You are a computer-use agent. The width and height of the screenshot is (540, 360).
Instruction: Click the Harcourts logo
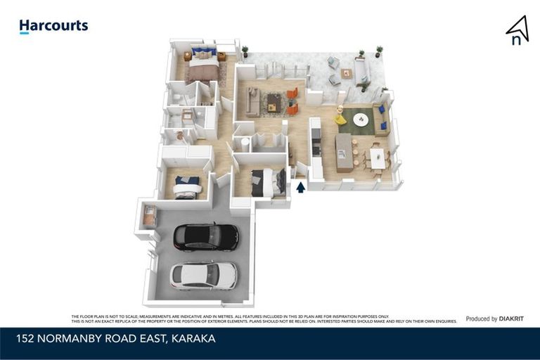coord(53,27)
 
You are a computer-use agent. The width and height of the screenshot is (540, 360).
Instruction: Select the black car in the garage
coord(205,237)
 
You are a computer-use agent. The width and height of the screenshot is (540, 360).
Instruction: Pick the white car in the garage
coord(204,275)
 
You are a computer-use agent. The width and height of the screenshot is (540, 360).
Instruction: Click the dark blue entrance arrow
coord(301,187)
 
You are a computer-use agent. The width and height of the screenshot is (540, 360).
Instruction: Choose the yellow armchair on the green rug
coord(342,119)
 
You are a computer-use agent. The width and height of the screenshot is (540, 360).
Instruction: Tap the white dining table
coord(377,157)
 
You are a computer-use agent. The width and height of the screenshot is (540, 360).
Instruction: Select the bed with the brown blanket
coord(203,68)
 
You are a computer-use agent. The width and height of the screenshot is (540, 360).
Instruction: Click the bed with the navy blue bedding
coord(188,186)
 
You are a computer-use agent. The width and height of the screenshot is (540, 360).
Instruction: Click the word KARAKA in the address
coord(192,339)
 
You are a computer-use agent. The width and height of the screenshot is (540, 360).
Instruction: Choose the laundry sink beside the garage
coord(149,217)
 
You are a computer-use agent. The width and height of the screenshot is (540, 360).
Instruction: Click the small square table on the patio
coord(346,72)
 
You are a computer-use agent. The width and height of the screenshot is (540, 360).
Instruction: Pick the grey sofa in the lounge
coord(252,103)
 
